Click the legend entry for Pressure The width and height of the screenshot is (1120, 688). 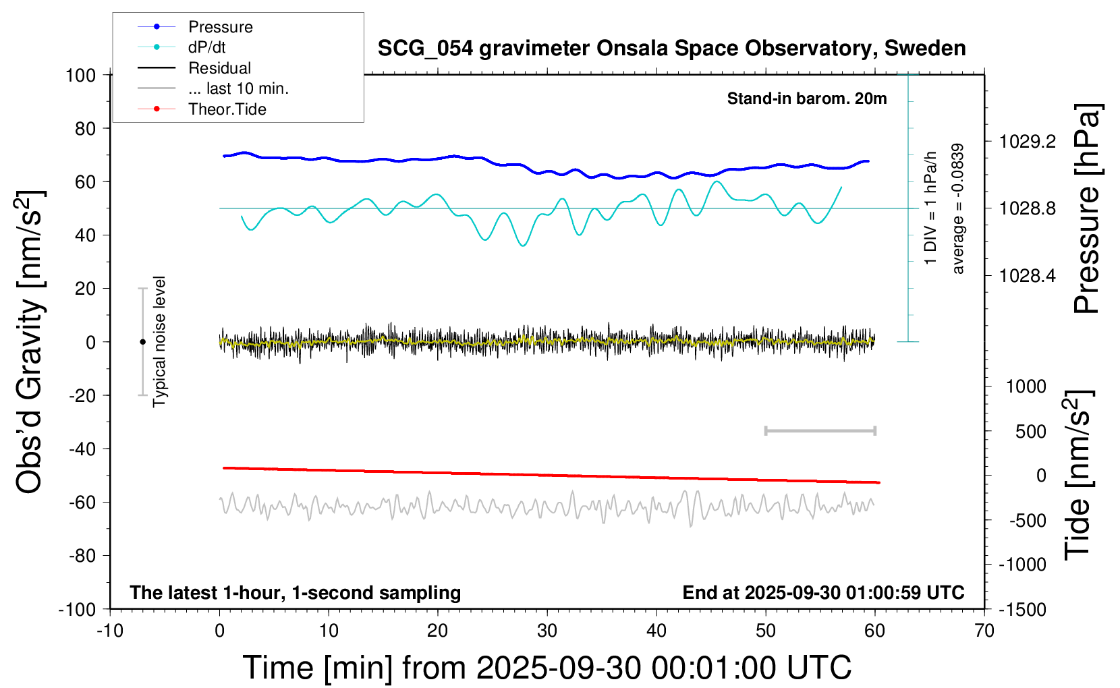click(220, 27)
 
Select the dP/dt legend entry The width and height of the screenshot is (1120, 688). click(206, 47)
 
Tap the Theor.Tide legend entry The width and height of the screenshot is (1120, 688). click(227, 109)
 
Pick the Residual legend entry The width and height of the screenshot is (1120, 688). click(219, 68)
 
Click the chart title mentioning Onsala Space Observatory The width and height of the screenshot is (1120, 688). click(671, 49)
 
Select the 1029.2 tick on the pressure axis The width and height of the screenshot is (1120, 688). click(1028, 142)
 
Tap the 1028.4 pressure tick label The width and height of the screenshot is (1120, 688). click(1028, 275)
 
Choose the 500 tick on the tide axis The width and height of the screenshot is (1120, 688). click(1031, 432)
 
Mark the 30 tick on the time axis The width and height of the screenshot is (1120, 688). click(547, 631)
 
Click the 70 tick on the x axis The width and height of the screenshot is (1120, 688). click(984, 631)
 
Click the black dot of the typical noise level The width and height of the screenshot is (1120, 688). click(142, 342)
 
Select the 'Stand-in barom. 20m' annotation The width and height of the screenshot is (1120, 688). click(807, 98)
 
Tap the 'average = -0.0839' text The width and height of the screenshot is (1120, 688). click(957, 208)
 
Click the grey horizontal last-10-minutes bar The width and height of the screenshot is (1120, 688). click(820, 430)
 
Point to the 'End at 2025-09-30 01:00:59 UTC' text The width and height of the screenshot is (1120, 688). click(823, 593)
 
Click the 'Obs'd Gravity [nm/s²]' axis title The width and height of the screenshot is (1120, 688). click(30, 342)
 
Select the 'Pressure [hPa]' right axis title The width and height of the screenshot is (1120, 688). click(1088, 208)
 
